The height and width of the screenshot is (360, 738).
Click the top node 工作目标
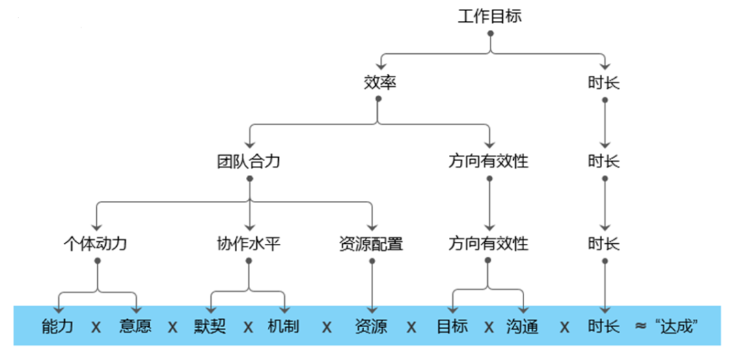pyautogui.click(x=489, y=16)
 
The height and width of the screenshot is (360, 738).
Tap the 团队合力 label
pyautogui.click(x=249, y=162)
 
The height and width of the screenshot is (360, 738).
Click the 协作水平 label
pyautogui.click(x=249, y=243)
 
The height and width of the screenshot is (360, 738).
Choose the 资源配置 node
pyautogui.click(x=371, y=243)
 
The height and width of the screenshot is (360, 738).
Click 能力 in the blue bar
pyautogui.click(x=57, y=326)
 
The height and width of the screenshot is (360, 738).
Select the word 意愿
pyautogui.click(x=135, y=326)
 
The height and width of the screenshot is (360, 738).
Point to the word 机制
pyautogui.click(x=284, y=326)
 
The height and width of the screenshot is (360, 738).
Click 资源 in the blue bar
pyautogui.click(x=371, y=326)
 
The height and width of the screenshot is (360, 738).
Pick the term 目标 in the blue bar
pyautogui.click(x=452, y=326)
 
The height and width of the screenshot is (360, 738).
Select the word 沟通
pyautogui.click(x=523, y=326)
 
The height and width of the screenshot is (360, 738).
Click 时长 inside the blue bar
pyautogui.click(x=604, y=326)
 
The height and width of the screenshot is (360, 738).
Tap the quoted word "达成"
pyautogui.click(x=679, y=326)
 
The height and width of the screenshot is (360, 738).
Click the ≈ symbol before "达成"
pyautogui.click(x=640, y=326)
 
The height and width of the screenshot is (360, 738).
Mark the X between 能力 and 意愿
pyautogui.click(x=96, y=327)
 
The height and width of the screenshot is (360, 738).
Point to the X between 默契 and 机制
pyautogui.click(x=249, y=327)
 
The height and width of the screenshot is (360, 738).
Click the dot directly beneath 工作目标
pyautogui.click(x=490, y=33)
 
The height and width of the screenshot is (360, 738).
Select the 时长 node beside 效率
pyautogui.click(x=604, y=83)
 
